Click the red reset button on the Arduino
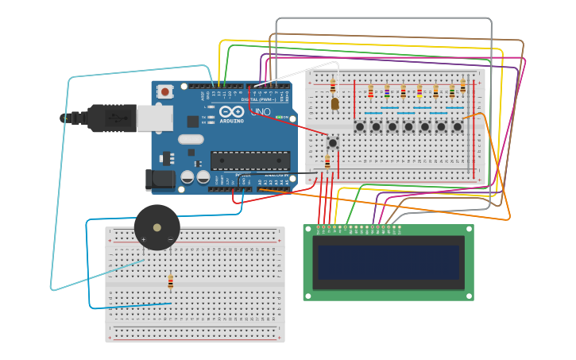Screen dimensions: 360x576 tap(164, 92)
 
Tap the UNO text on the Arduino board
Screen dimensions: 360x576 tap(261, 111)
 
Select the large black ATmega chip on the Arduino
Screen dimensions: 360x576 tap(249, 160)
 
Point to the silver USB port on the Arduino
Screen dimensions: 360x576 tap(154, 118)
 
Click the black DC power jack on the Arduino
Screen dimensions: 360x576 tap(160, 180)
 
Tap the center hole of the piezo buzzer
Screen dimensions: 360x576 tap(157, 228)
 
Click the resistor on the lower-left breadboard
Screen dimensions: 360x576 tap(170, 282)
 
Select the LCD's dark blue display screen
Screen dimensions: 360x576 tap(389, 262)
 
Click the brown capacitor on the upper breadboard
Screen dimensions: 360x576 tap(334, 103)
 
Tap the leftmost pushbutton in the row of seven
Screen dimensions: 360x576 tap(360, 126)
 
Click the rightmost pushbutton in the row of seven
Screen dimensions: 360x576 tap(458, 126)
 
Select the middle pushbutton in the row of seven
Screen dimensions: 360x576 tap(408, 126)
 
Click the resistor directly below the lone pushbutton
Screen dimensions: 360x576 tap(327, 162)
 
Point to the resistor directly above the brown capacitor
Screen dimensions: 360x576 tap(333, 85)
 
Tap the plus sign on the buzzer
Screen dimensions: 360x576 tap(144, 238)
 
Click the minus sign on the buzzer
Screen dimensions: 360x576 tap(170, 238)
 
